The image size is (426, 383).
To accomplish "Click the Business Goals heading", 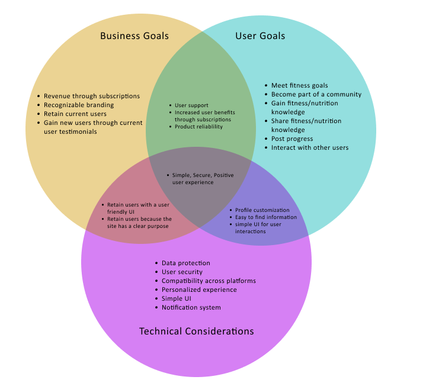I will click(x=134, y=36).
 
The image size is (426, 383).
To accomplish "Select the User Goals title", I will click(x=260, y=36).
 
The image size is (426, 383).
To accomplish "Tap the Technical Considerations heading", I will click(x=196, y=331).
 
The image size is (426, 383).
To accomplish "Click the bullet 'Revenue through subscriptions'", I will click(x=92, y=96).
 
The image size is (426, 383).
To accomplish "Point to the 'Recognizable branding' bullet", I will click(x=79, y=105).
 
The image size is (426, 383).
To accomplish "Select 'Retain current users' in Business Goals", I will click(x=75, y=114).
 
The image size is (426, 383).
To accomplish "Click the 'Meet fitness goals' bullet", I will click(x=299, y=85).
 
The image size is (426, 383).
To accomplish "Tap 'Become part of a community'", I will click(x=316, y=94).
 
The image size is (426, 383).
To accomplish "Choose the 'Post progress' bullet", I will click(x=292, y=139).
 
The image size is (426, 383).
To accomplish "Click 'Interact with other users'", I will click(x=310, y=147).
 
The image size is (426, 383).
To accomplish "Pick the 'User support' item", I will click(x=191, y=105).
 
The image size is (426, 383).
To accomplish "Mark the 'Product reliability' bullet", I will click(x=198, y=127).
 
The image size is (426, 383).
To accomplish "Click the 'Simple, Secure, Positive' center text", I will click(x=203, y=175).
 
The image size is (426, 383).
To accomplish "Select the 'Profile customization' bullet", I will click(x=262, y=210).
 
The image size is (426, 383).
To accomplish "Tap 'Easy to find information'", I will click(x=266, y=217).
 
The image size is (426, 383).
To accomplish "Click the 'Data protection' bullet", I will click(x=185, y=263).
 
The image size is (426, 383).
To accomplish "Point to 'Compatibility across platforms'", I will click(x=209, y=281).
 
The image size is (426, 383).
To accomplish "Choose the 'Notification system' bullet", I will click(x=191, y=307).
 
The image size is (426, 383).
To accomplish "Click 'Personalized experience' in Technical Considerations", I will click(x=199, y=289).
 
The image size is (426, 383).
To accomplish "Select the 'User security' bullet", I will click(x=182, y=272).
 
